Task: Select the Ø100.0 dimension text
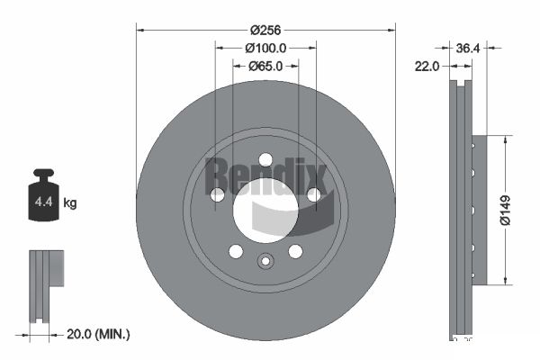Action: [265, 47]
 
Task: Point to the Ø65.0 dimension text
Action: [265, 66]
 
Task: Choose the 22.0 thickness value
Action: [427, 66]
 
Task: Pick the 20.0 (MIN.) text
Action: [100, 334]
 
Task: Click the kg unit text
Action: [70, 203]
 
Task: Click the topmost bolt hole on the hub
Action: [265, 159]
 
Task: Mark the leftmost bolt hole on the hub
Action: [217, 194]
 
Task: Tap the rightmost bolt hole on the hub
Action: [313, 194]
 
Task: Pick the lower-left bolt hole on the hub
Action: [235, 251]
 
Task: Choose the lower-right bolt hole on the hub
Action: [295, 251]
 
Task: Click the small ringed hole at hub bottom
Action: [265, 262]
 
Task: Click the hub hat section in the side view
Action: [479, 210]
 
